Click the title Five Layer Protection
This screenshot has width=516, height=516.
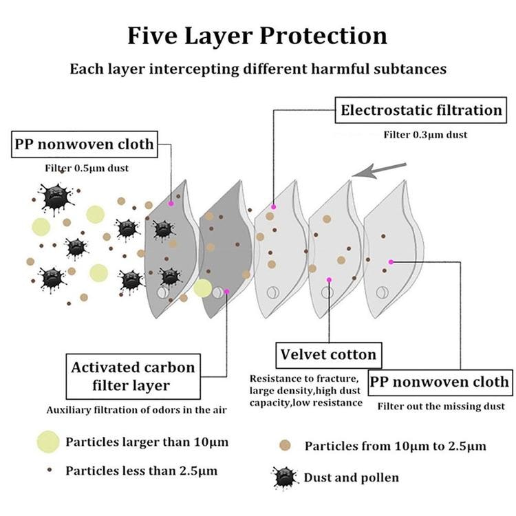(257, 36)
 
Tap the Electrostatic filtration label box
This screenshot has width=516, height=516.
(420, 110)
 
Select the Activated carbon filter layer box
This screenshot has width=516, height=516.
(133, 376)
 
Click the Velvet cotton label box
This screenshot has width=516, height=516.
(328, 355)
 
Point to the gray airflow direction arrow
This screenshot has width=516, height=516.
(379, 170)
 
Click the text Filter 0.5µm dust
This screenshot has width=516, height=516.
(87, 168)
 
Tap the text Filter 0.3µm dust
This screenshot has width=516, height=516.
(425, 135)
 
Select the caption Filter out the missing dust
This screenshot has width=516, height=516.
(441, 407)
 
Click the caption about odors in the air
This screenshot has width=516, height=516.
(137, 410)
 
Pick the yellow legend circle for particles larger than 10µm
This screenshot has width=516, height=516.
(48, 442)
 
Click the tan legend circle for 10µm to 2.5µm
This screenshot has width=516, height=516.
(285, 446)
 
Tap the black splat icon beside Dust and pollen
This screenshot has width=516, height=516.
(284, 478)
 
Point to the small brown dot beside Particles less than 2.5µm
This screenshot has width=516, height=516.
(50, 470)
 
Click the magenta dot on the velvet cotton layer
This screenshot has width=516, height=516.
(329, 280)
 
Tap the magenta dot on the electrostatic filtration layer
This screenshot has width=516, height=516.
(273, 206)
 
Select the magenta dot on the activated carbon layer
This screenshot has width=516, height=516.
(226, 292)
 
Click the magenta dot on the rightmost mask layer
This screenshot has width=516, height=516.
(391, 262)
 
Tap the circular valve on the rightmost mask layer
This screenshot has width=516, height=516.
(382, 292)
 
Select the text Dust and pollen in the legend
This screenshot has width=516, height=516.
(351, 477)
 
